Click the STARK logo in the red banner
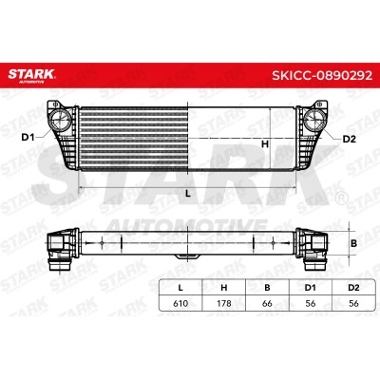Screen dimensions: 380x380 (31, 75)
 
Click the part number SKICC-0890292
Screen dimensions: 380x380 (322, 75)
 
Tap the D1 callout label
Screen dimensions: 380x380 (28, 138)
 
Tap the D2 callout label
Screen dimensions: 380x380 (350, 139)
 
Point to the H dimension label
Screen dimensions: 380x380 (265, 144)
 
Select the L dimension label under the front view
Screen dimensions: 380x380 (188, 194)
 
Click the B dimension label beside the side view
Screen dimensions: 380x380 (354, 243)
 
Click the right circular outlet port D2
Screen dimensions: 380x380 (314, 120)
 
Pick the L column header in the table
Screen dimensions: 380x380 (180, 288)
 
